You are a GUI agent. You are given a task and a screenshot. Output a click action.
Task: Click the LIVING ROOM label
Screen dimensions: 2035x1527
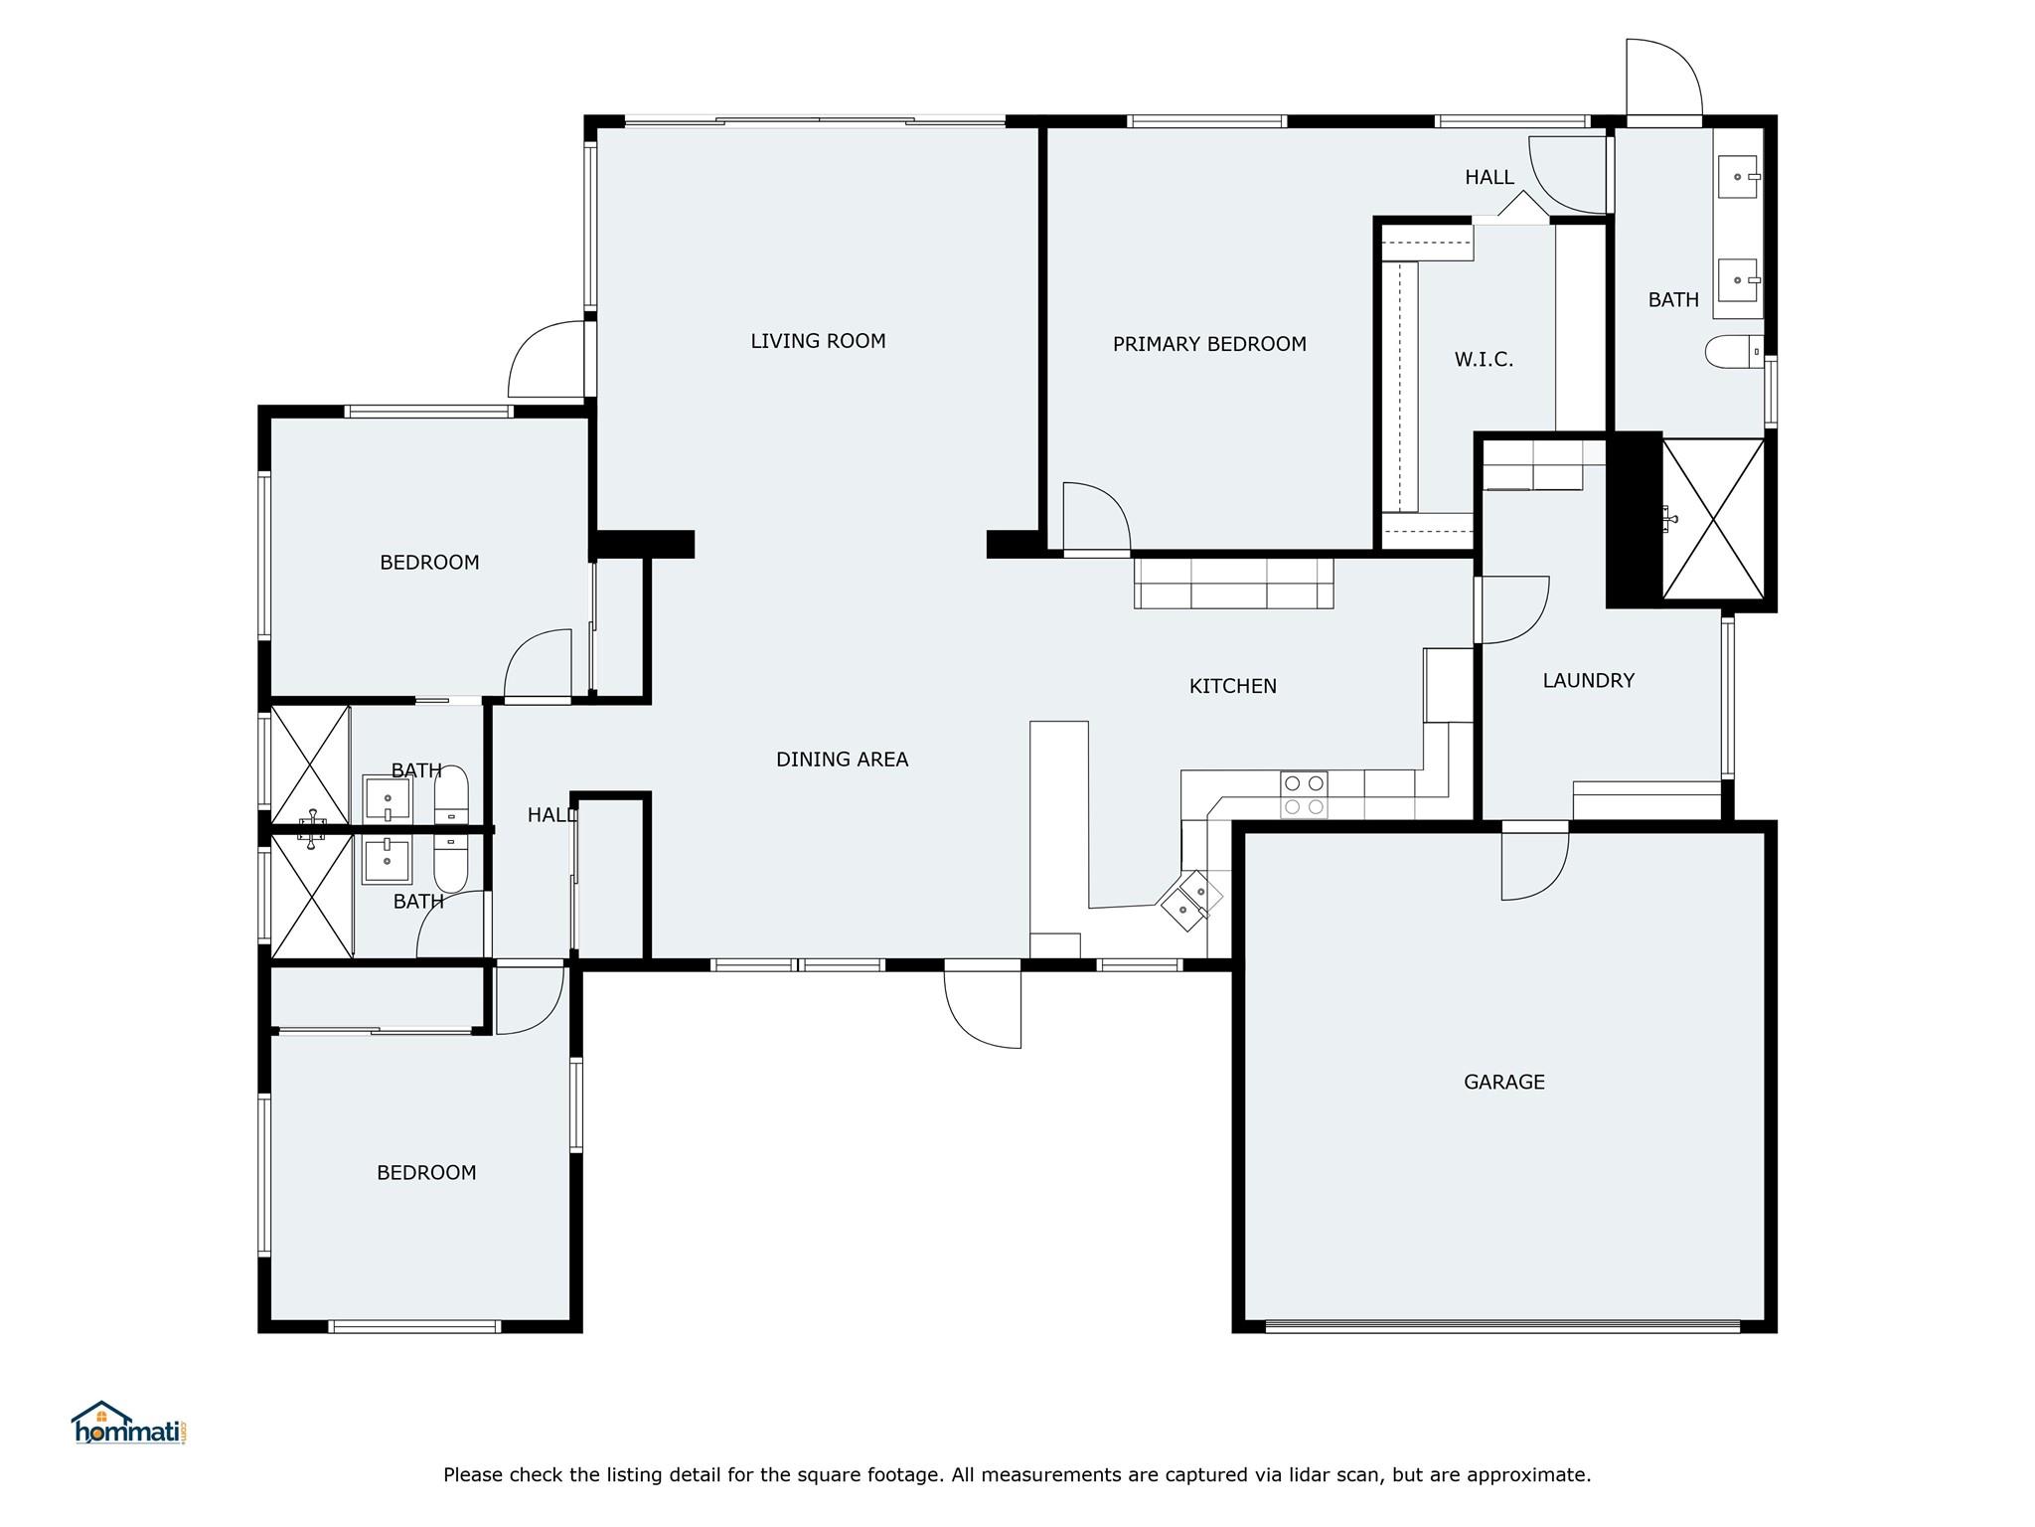[x=818, y=341]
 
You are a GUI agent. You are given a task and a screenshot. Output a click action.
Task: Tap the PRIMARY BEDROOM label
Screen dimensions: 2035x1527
[x=1209, y=344]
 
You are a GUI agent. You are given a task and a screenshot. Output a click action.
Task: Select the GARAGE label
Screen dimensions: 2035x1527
[x=1503, y=1082]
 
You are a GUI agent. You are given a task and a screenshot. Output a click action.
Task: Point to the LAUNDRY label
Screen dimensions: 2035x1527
[x=1588, y=680]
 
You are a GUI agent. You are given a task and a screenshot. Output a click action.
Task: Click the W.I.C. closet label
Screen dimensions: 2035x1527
[x=1484, y=359]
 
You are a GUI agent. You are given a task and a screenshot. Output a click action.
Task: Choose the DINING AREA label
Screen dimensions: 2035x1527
[x=842, y=760]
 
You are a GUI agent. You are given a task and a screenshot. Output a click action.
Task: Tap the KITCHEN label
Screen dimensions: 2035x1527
[x=1232, y=686]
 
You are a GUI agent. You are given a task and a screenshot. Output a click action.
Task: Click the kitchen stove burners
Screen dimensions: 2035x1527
[x=1304, y=794]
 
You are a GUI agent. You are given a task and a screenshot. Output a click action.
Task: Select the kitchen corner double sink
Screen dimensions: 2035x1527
[x=1191, y=901]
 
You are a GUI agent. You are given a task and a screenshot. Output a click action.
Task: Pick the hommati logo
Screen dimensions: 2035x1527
[x=128, y=1423]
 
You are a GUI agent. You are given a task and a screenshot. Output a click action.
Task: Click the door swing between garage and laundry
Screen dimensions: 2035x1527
[x=1534, y=862]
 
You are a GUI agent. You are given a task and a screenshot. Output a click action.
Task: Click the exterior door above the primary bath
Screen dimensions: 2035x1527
[x=1664, y=80]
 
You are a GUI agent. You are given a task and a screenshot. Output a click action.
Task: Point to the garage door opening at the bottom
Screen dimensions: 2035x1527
[x=1502, y=1326]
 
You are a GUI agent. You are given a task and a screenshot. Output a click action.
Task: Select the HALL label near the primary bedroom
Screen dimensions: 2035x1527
[x=1489, y=177]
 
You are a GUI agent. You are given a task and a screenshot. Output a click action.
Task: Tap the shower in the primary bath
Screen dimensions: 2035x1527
[x=1713, y=519]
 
